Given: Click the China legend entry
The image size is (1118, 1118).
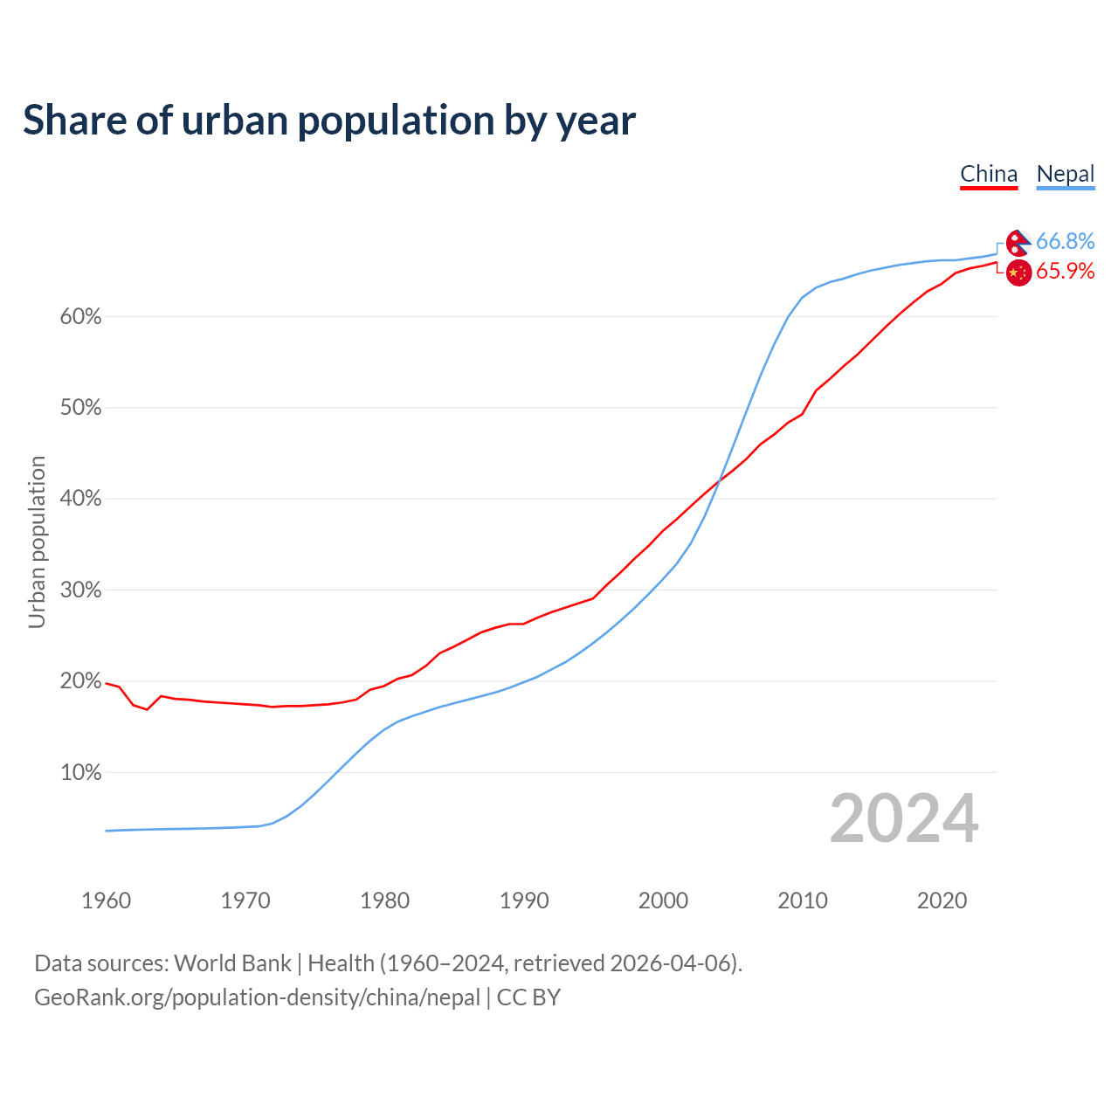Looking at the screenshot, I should (x=989, y=174).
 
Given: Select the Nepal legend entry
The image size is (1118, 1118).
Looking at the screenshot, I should (x=1065, y=174).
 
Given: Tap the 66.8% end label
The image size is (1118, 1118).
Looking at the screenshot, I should (x=1065, y=241).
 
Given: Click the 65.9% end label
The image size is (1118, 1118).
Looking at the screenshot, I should (x=1065, y=271).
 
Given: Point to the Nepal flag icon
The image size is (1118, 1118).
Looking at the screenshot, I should (x=1018, y=243).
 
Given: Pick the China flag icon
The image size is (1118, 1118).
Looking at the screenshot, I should (x=1018, y=273).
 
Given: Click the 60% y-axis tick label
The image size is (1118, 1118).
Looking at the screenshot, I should (x=80, y=317).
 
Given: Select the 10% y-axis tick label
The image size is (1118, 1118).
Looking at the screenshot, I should (x=80, y=773).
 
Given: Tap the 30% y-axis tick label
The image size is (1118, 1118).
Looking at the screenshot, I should (x=80, y=590).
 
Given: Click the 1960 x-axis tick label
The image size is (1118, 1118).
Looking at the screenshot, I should (x=106, y=901).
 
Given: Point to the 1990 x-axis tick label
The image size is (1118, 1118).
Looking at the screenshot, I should (x=524, y=901).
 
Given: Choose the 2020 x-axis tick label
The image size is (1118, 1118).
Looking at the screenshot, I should (x=942, y=901).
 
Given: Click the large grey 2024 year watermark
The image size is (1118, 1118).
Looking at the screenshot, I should (x=904, y=818).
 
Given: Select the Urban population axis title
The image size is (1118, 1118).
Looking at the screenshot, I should (x=37, y=542).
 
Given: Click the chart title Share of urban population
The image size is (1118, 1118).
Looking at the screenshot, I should (x=329, y=120).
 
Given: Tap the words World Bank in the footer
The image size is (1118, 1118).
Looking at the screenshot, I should (x=232, y=963).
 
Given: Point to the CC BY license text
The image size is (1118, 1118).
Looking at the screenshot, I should (x=528, y=997).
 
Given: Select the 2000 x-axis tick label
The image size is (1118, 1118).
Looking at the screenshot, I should (x=663, y=901).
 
